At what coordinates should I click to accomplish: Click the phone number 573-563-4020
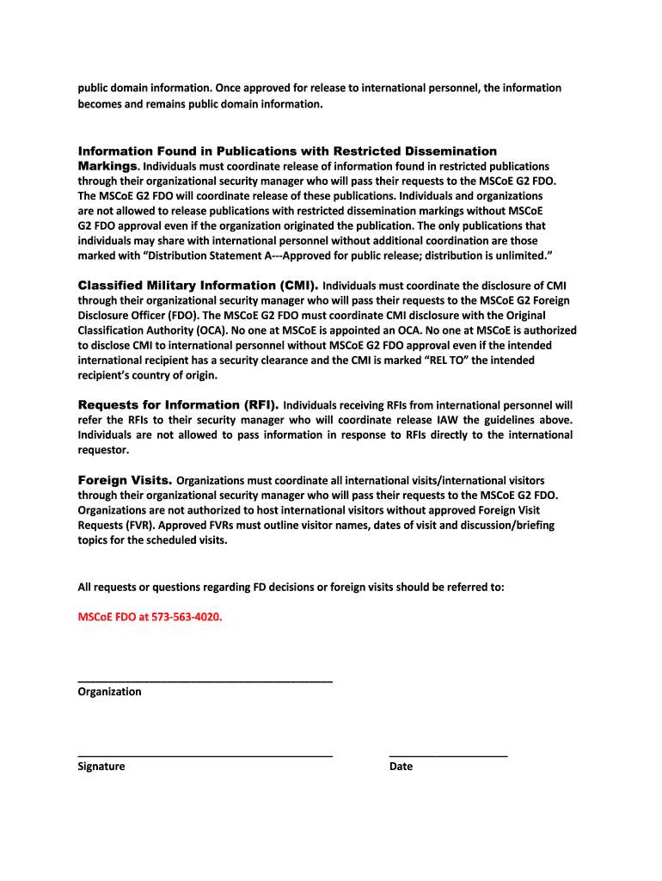(179, 617)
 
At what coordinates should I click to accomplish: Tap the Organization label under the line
(109, 692)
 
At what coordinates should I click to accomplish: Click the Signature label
(101, 767)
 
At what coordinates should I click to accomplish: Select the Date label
(401, 767)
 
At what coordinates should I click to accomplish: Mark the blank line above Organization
(205, 681)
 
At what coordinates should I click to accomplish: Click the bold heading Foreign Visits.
(126, 479)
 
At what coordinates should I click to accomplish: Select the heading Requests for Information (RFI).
(178, 404)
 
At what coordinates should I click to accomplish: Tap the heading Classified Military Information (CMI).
(198, 285)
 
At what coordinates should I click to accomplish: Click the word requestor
(103, 450)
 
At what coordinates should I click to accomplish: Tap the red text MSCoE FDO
(107, 617)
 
